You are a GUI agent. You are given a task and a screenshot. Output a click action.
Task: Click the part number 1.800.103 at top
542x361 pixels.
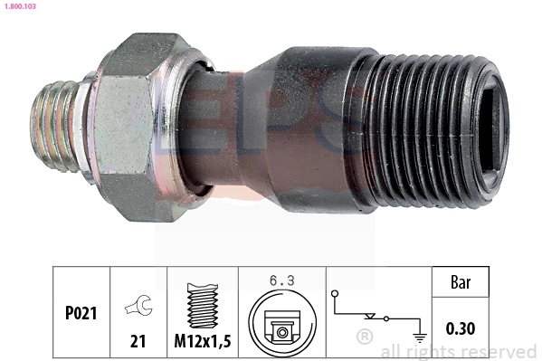coord(20,6)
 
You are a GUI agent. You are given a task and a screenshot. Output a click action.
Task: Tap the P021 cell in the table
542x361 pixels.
coord(81,313)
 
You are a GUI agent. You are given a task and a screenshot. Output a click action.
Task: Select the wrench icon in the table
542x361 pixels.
coord(139,305)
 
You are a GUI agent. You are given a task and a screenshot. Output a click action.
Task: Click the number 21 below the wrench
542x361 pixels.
coord(138,341)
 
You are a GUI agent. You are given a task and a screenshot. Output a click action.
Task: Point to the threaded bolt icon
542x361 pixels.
coord(203,305)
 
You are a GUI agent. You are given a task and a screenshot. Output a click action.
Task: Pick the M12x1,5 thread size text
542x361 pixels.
coord(203,341)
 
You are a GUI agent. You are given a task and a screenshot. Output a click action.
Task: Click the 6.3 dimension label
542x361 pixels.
coord(282,280)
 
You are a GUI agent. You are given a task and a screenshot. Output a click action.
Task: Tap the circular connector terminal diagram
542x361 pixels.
coord(282,324)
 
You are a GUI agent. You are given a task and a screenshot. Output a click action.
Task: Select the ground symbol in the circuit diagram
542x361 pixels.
coord(420,337)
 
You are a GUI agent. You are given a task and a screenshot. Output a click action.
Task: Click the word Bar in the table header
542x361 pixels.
coord(461,282)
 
